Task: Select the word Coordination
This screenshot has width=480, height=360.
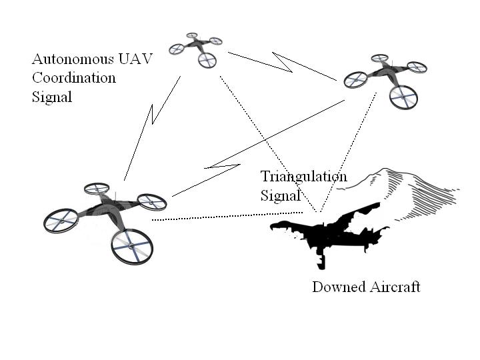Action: pos(73,78)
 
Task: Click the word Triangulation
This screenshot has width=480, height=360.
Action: pos(303,177)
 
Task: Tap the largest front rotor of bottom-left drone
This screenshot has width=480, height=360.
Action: pos(131,247)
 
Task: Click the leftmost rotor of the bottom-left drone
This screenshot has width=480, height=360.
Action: pos(61,221)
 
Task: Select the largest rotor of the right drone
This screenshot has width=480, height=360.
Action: pos(403,97)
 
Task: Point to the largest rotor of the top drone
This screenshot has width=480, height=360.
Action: pos(207,60)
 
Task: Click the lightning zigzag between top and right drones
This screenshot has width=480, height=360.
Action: pos(283,63)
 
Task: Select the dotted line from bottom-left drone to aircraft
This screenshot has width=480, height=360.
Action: pos(220,216)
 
